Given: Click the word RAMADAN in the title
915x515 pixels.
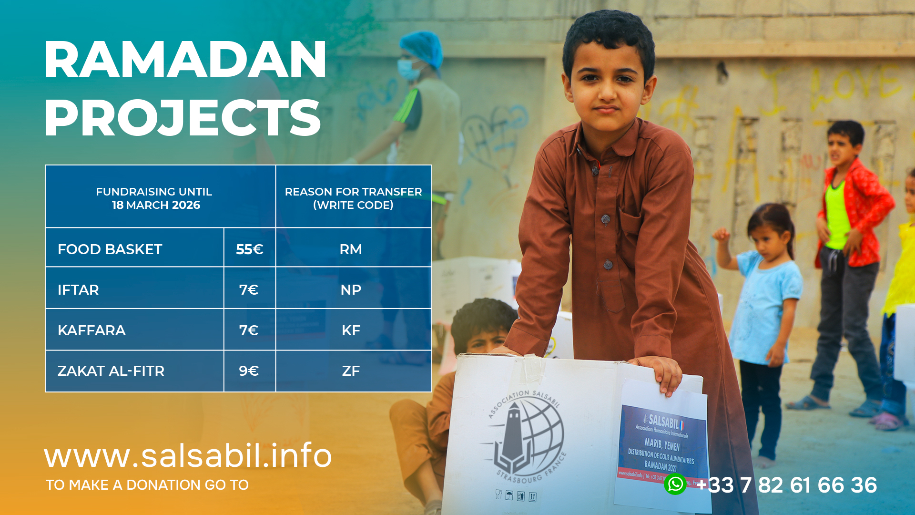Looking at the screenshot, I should [185, 60].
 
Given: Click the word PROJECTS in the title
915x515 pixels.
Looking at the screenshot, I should [183, 118].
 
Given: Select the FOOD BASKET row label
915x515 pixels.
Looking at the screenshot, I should [110, 249].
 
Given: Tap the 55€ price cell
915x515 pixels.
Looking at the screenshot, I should [250, 249].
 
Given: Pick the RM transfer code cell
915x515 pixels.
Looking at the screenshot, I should [351, 249].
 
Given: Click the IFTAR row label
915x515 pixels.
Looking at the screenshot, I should [78, 290].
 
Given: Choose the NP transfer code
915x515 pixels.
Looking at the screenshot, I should [351, 290].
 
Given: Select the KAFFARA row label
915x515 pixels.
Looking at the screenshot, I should [91, 330].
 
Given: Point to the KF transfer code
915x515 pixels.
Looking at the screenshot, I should [351, 330].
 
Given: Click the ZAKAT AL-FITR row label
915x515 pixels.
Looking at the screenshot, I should [111, 371].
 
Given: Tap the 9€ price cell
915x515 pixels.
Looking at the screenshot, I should [249, 371].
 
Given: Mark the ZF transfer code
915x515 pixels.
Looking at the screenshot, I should [351, 371].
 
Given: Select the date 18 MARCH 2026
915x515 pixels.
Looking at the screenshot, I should [156, 205].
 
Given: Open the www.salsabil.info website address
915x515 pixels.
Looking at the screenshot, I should [188, 455].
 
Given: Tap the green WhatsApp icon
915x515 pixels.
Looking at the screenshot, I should [675, 484].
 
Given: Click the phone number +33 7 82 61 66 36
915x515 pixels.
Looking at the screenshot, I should [787, 485].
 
